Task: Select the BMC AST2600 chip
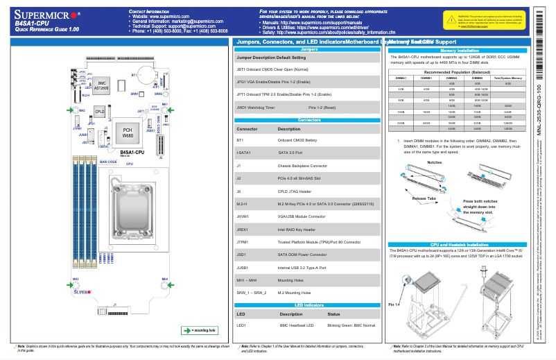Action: (x=101, y=85)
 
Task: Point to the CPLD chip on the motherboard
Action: (x=100, y=111)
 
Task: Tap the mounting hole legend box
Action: (x=198, y=329)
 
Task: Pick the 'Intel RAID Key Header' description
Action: (x=297, y=229)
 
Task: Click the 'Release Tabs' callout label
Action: (x=424, y=198)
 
